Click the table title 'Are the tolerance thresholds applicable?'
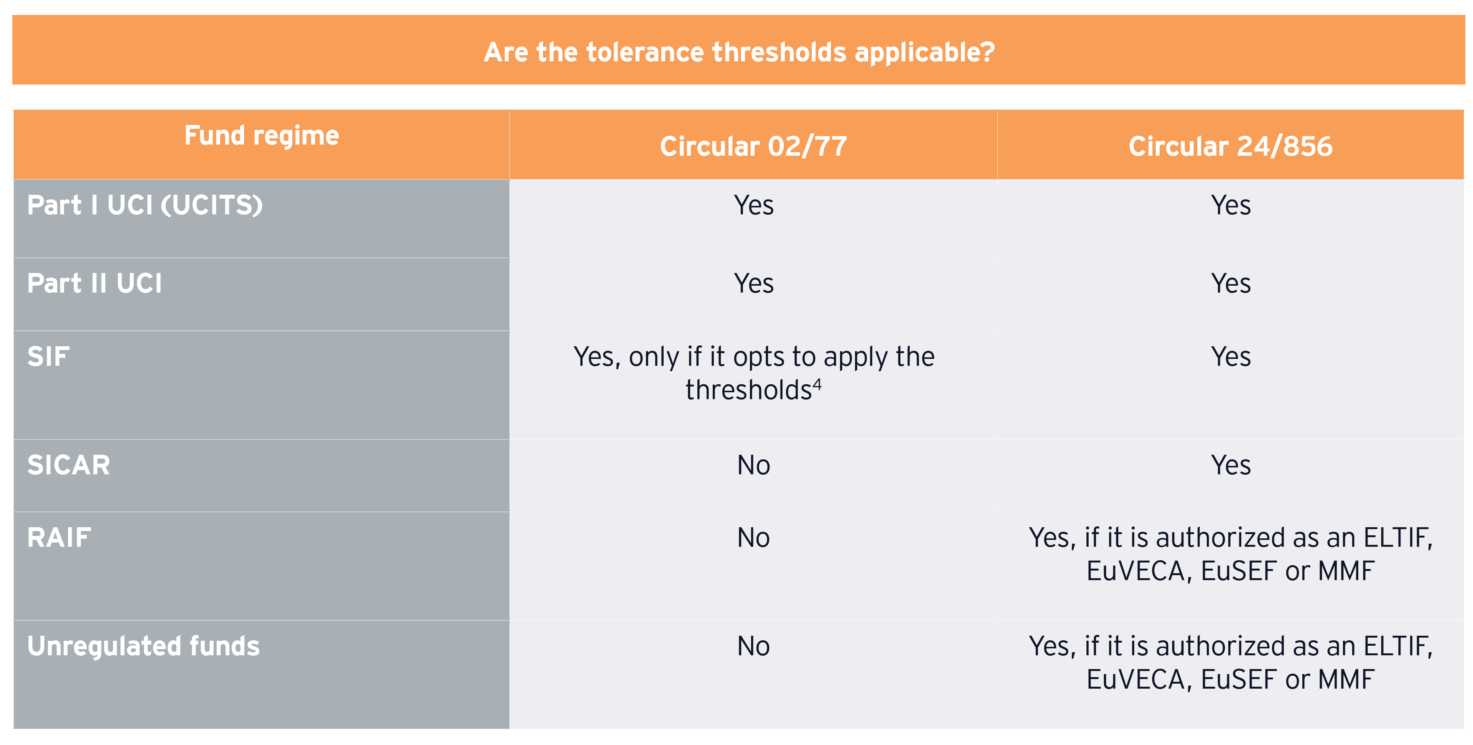(739, 52)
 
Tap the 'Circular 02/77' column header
(754, 146)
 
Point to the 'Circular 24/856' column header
(1231, 146)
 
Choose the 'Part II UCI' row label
(94, 283)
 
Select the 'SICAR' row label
(69, 465)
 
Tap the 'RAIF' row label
(59, 538)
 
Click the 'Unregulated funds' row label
(143, 646)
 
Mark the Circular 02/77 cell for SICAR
(754, 465)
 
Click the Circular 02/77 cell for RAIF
(754, 538)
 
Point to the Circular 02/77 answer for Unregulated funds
(754, 646)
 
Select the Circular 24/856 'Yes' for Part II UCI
(1231, 283)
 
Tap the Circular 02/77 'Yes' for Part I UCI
(754, 205)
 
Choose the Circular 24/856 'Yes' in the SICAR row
(1231, 465)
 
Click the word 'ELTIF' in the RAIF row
(1397, 538)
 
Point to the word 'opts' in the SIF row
(763, 357)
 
